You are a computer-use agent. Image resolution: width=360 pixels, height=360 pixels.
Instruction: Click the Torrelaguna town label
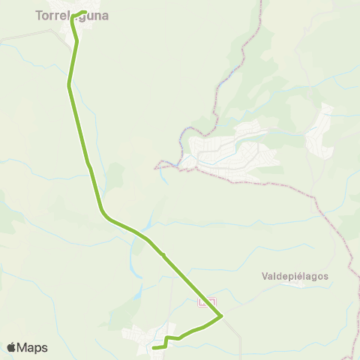[x=71, y=13]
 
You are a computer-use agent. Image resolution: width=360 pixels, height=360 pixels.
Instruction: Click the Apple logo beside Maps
[x=11, y=347]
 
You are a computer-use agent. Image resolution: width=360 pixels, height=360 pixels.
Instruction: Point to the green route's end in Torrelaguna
[x=85, y=12]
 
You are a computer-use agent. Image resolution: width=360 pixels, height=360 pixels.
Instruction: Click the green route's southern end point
[x=153, y=348]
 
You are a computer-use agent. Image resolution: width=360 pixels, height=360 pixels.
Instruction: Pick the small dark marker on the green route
[x=164, y=256]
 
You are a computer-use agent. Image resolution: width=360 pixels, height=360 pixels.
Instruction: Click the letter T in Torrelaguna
[x=39, y=13]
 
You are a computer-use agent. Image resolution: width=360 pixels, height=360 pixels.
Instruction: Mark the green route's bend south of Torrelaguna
[x=70, y=85]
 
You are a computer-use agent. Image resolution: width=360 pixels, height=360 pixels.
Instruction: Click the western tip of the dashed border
[x=156, y=166]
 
